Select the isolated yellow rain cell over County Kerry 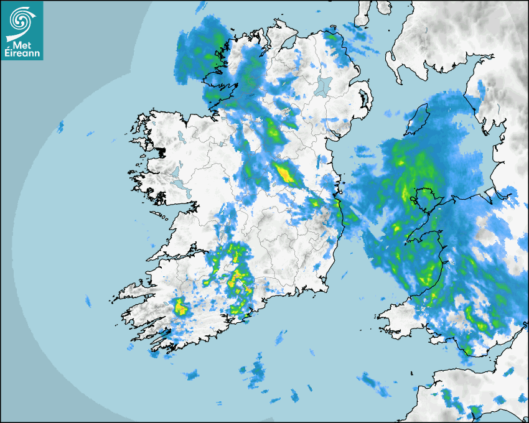(180, 307)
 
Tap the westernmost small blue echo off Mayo (61, 127)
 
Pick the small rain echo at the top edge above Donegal (201, 7)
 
